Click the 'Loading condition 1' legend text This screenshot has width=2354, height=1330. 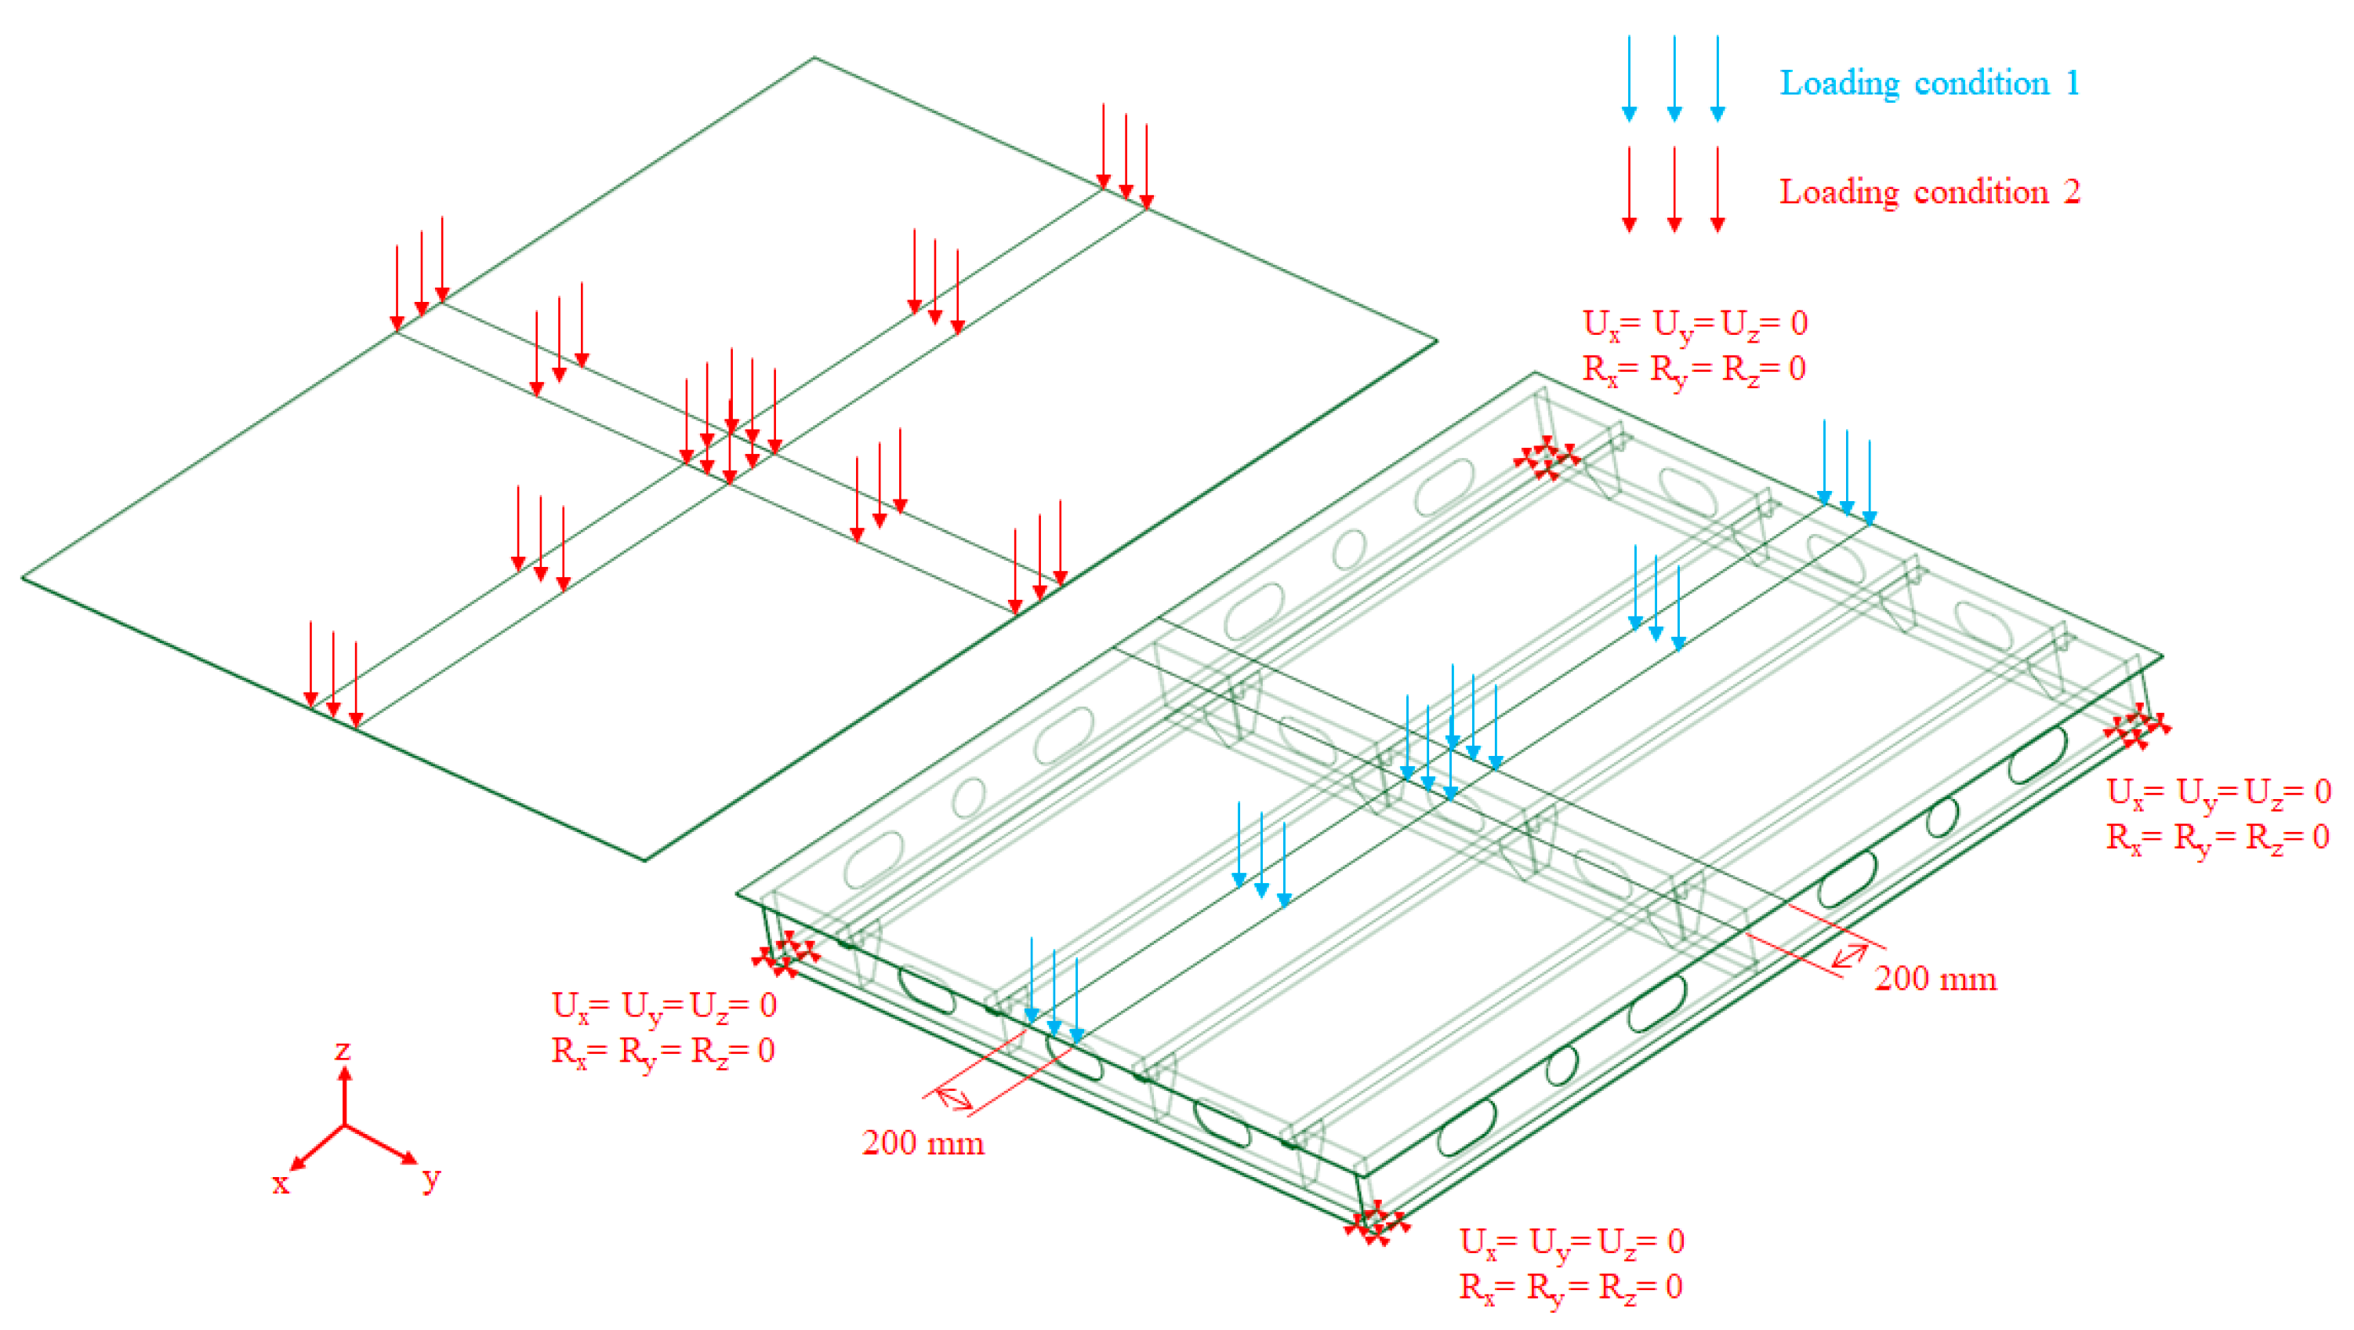[x=1929, y=83]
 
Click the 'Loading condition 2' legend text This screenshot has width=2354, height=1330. [x=1929, y=192]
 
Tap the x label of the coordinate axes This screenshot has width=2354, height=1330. [x=281, y=1183]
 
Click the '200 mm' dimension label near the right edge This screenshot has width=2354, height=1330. [x=1935, y=979]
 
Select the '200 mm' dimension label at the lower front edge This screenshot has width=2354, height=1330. [x=922, y=1143]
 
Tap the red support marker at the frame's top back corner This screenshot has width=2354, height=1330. [x=1546, y=457]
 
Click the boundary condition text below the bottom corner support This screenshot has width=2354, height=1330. [x=1571, y=1264]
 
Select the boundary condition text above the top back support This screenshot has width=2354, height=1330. [x=1694, y=347]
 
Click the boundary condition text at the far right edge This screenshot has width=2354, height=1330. [x=2218, y=813]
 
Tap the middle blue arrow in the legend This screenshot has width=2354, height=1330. [x=1674, y=78]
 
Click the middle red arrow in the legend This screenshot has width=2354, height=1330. [x=1674, y=188]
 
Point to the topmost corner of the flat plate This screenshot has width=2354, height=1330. [x=814, y=59]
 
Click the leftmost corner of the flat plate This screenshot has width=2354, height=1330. [x=23, y=577]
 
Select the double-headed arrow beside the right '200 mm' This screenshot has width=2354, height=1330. [x=1851, y=956]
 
